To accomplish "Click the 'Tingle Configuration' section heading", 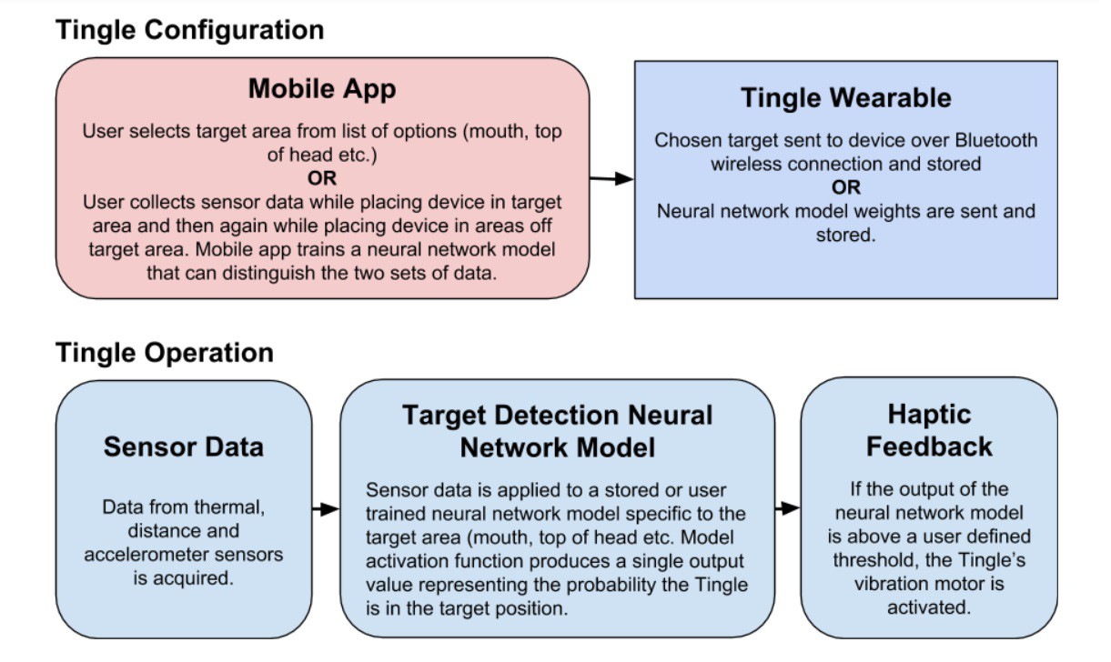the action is click(190, 31).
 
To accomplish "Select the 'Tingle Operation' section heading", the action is click(165, 353).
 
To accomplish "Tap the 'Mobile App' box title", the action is click(322, 89).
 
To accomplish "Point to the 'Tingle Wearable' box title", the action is click(846, 97).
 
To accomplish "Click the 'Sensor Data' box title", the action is click(184, 447).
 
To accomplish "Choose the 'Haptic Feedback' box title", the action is click(929, 430).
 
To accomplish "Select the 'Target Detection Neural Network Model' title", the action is click(558, 431).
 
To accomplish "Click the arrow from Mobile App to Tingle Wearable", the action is click(612, 178).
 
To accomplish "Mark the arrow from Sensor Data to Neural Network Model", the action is click(326, 509).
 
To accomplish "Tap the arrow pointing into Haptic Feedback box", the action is click(788, 508).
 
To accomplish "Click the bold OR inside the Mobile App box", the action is click(322, 178).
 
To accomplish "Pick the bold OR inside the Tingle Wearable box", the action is click(846, 188).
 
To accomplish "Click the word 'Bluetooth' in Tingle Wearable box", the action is click(996, 141).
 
